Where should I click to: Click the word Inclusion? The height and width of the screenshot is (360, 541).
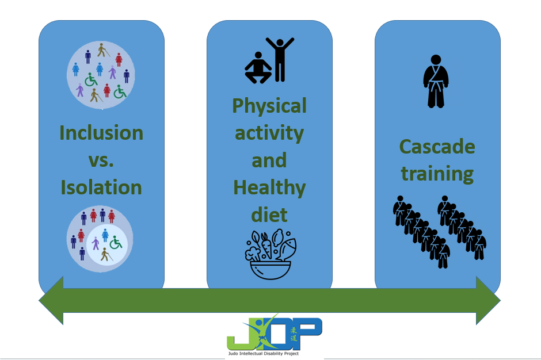point(101,133)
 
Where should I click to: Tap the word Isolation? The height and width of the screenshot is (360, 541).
point(101,187)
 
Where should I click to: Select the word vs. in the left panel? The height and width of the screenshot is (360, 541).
point(101,160)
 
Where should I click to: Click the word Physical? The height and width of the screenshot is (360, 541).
point(269,106)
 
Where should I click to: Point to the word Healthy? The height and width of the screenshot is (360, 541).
point(269,188)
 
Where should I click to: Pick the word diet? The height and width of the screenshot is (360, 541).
point(269,215)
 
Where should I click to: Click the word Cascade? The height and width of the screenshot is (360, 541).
point(437,147)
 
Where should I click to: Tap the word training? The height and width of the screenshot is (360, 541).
point(437,174)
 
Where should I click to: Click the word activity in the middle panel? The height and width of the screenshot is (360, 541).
point(269,133)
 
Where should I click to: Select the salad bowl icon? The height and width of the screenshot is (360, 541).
point(270,255)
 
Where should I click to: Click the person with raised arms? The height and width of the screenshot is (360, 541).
point(280,60)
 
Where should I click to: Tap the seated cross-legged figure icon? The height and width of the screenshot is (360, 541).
point(258,68)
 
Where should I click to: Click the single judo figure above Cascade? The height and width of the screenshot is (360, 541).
point(436,82)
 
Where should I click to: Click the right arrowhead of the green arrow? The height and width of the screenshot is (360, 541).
point(488,300)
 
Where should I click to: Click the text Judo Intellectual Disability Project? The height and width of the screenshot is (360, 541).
point(263,354)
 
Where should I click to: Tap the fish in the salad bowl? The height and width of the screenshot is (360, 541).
point(287,248)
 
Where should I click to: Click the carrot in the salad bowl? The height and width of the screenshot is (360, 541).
point(266,246)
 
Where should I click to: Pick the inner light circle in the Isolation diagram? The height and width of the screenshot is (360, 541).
point(106,244)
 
